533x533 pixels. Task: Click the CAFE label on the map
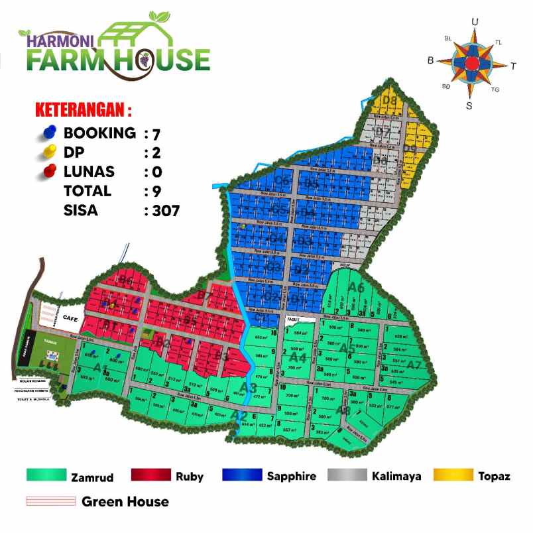71,318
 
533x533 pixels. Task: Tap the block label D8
389,101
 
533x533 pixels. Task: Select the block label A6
357,288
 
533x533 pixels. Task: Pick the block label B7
205,296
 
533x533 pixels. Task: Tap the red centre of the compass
471,63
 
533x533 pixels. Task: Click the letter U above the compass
475,22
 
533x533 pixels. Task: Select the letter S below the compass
469,105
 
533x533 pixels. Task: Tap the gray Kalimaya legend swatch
347,475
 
